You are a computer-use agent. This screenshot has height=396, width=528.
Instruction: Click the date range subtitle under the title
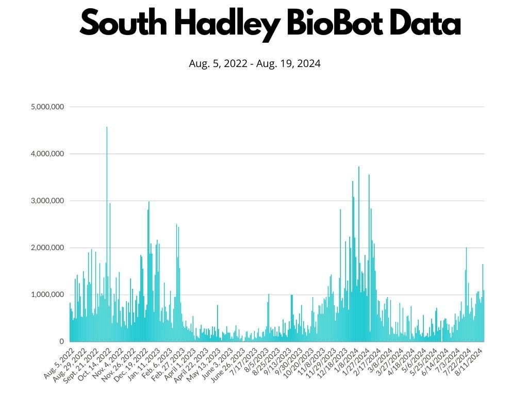pyautogui.click(x=255, y=64)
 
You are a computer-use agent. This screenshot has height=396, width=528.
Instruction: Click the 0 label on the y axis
pyautogui.click(x=61, y=341)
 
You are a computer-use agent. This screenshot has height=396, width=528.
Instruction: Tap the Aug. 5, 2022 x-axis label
pyautogui.click(x=58, y=362)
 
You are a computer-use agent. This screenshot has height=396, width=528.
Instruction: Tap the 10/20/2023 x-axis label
pyautogui.click(x=295, y=363)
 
